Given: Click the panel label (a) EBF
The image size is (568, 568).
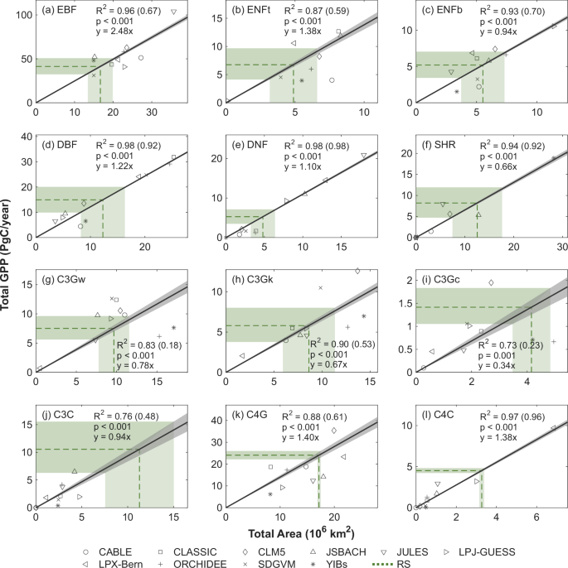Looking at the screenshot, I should coord(59,13).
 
